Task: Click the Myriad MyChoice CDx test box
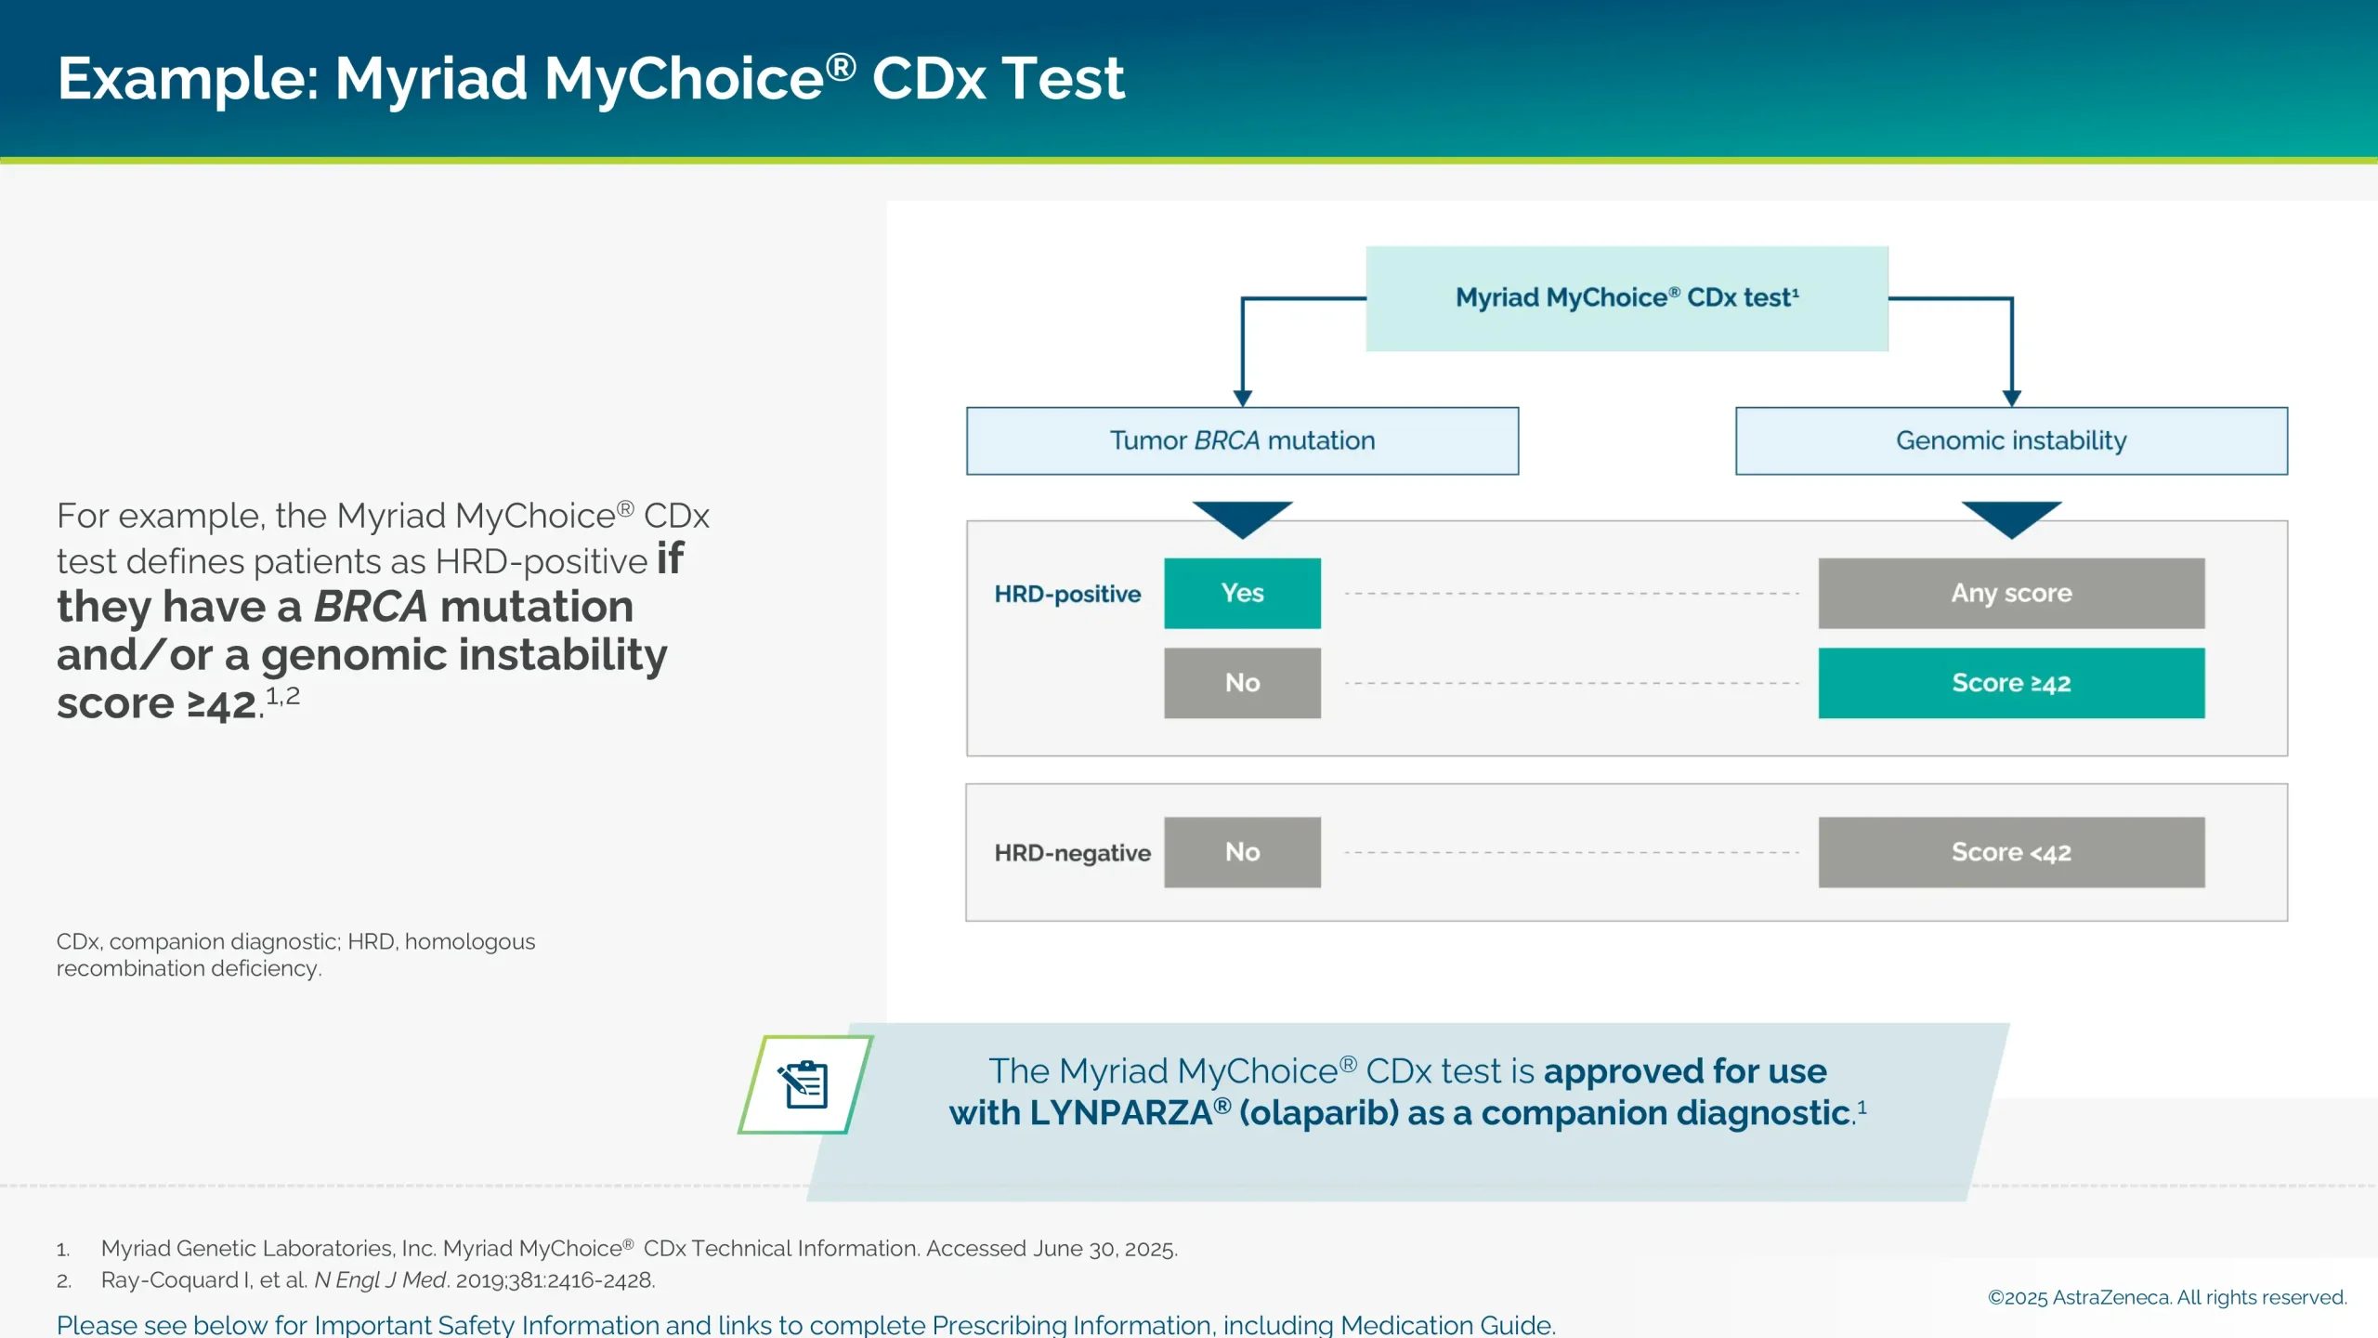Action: pos(1627,298)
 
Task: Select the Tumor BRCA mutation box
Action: pos(1242,440)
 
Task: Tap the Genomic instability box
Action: pos(2011,440)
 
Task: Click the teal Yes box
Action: pos(1242,593)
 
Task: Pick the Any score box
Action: pos(2011,593)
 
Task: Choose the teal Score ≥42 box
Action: pos(2011,683)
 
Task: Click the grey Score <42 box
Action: pos(2011,852)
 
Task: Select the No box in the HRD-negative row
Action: pos(1242,852)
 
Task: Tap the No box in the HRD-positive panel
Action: pos(1242,683)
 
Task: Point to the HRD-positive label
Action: pos(1067,594)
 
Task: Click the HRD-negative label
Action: pos(1072,853)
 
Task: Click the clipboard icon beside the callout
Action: pos(805,1084)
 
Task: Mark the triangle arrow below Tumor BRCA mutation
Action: pos(1242,517)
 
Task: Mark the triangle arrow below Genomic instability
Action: pos(2011,517)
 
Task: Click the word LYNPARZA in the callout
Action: pos(1120,1113)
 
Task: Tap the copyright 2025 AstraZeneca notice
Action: pos(2166,1297)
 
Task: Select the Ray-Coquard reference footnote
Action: pos(377,1280)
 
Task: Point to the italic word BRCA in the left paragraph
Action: pos(371,607)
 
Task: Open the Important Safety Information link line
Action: pos(805,1324)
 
